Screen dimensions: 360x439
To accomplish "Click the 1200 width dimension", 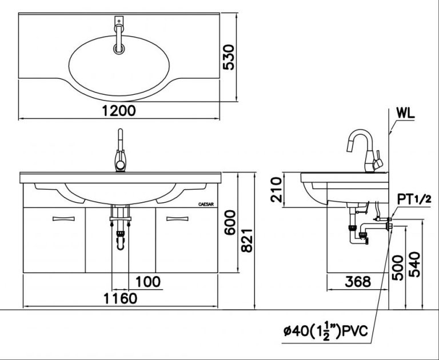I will click(x=119, y=111).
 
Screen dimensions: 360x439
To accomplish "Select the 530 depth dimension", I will click(x=229, y=57).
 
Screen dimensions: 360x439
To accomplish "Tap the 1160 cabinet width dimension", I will click(x=120, y=298).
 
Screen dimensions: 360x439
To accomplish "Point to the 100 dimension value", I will click(x=148, y=282).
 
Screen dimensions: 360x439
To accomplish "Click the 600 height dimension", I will click(x=229, y=223).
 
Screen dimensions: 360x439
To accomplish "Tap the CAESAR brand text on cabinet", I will click(x=205, y=203).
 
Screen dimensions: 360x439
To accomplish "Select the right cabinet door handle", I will click(x=177, y=218).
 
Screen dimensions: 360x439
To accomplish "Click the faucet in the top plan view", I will click(x=119, y=35).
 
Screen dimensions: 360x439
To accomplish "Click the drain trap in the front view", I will click(x=120, y=234).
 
